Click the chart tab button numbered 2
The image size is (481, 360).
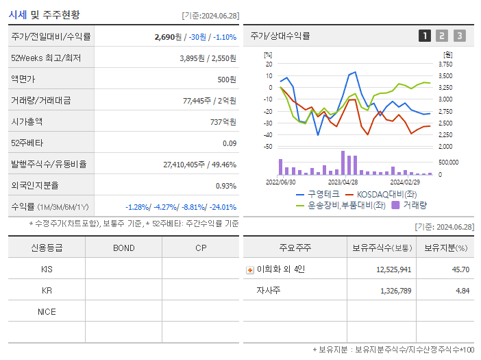click(x=442, y=36)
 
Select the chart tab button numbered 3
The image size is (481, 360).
click(x=459, y=36)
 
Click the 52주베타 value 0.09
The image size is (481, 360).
click(x=229, y=143)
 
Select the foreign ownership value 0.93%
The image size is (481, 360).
click(x=225, y=186)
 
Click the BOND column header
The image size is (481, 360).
click(x=123, y=248)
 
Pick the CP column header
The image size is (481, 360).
click(x=201, y=248)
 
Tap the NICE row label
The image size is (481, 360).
click(x=47, y=311)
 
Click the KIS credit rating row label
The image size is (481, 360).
click(x=47, y=269)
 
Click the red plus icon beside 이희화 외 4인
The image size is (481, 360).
click(x=250, y=270)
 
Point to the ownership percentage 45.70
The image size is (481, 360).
click(x=461, y=269)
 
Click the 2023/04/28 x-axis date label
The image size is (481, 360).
click(x=343, y=182)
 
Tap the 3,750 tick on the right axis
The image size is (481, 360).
click(x=445, y=64)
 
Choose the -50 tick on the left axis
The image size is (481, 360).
click(x=268, y=147)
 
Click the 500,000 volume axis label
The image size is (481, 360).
click(x=449, y=163)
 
